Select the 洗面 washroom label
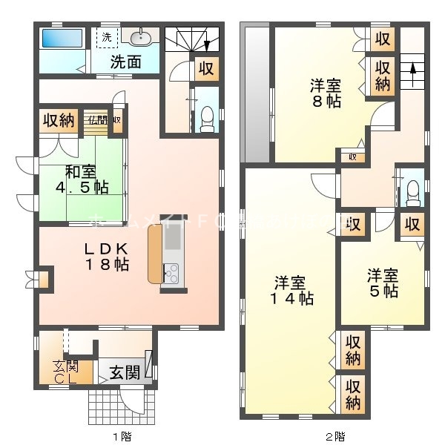[x=126, y=62]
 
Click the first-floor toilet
[x=207, y=118]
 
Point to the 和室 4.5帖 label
[x=77, y=179]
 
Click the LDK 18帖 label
[x=106, y=254]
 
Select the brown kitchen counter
[x=155, y=254]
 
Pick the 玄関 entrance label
[x=124, y=372]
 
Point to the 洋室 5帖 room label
[x=383, y=283]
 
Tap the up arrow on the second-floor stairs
[x=407, y=72]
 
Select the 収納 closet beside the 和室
[x=59, y=120]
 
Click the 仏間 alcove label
[x=96, y=120]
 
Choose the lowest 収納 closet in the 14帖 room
[x=354, y=395]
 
